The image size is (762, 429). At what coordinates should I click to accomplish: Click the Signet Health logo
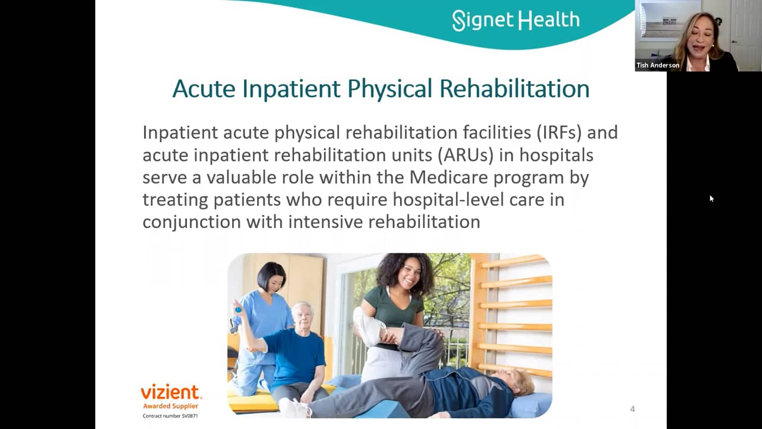[x=516, y=20]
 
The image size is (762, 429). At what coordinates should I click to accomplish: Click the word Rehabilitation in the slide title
[x=514, y=89]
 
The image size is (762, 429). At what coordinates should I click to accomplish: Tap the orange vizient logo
[x=171, y=392]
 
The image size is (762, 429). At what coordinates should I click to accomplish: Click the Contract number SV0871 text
[x=170, y=415]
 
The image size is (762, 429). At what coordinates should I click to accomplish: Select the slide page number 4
[x=632, y=409]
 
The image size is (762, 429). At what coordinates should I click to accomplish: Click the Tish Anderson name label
[x=658, y=66]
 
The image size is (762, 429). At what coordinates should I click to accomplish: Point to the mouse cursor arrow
[x=711, y=198]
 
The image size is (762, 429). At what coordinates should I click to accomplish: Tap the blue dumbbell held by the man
[x=238, y=310]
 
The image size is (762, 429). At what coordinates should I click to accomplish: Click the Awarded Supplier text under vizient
[x=170, y=406]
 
